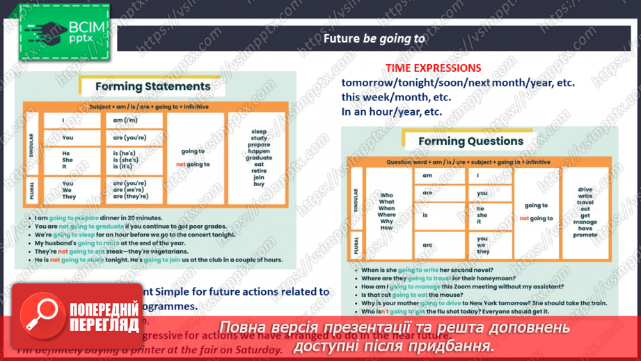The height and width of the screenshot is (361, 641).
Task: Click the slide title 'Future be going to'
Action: tap(374, 39)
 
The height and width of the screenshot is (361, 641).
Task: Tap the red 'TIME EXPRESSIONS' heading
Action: tap(433, 68)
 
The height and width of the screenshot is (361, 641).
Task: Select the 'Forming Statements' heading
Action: tap(152, 86)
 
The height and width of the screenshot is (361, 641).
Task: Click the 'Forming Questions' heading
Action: tap(470, 141)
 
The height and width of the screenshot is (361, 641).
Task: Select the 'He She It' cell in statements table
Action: tap(67, 160)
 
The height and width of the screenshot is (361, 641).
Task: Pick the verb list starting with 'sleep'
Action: tap(259, 158)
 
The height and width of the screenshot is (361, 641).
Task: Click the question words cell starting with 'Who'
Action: tap(387, 212)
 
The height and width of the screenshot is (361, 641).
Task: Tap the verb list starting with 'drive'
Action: tap(585, 212)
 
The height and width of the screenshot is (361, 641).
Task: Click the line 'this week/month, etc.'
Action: tap(396, 97)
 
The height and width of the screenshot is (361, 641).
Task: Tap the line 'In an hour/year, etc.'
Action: tap(391, 111)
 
